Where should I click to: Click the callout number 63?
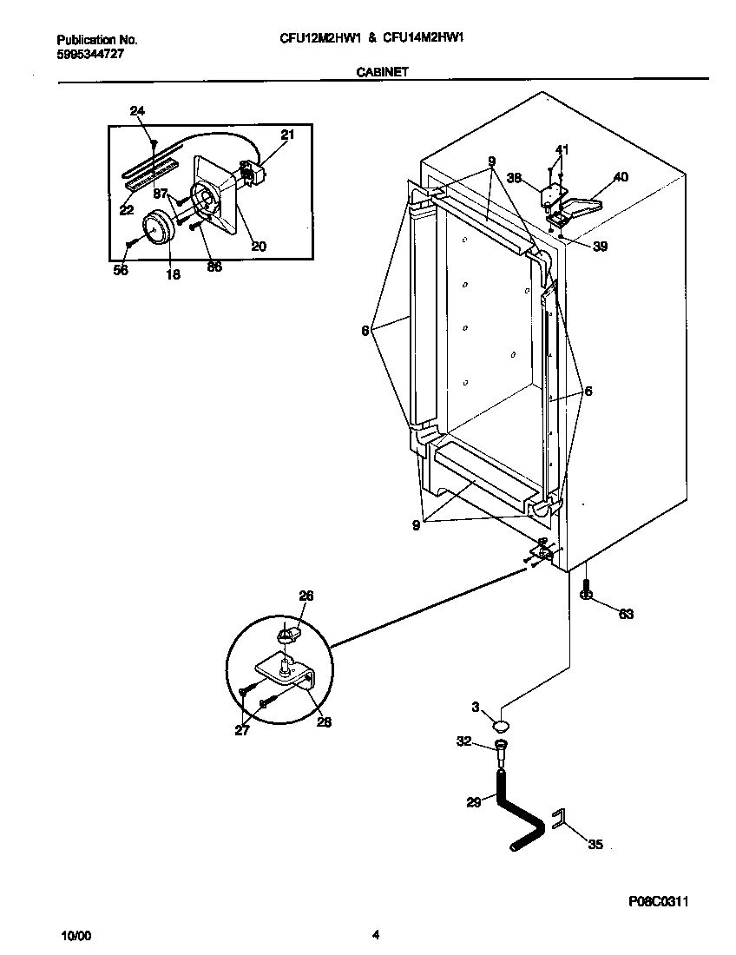coord(625,615)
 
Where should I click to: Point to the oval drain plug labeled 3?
coord(502,724)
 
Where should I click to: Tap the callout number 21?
coord(287,134)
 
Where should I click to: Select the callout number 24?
coord(137,110)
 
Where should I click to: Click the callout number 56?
coord(121,271)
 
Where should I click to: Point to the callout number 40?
coord(621,177)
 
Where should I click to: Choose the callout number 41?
coord(562,150)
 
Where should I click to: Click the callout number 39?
coord(601,247)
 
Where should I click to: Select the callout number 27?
coord(242,730)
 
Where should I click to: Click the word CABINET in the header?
coord(383,74)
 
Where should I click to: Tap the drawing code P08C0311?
coord(659,903)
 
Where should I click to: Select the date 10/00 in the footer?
coord(76,935)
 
